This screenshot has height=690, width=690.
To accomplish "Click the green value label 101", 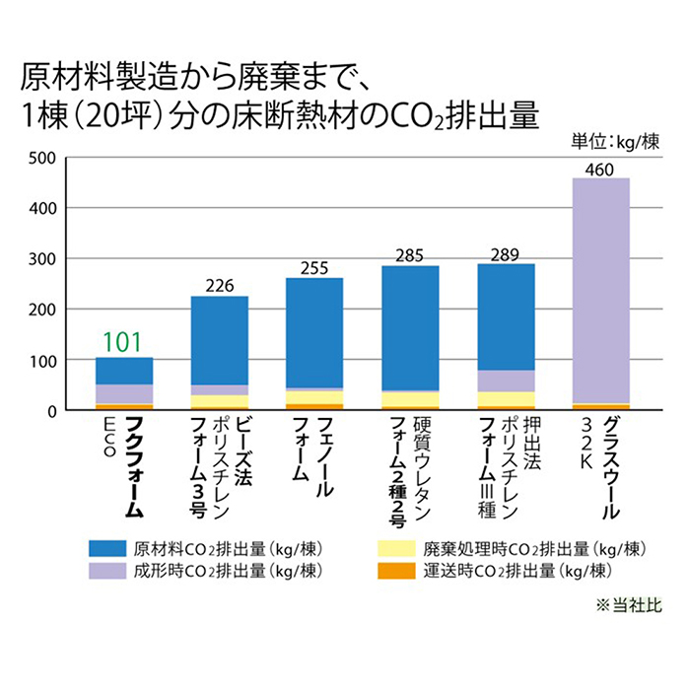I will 123,342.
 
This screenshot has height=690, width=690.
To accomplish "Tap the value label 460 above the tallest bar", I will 600,169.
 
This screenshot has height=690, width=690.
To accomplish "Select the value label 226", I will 219,286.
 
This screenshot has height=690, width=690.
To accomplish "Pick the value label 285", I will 410,256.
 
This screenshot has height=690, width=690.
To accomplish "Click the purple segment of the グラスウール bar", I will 600,286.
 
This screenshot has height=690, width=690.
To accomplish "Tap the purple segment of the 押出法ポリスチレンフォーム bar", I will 506,380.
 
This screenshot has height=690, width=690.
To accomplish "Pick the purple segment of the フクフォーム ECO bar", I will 123,393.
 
